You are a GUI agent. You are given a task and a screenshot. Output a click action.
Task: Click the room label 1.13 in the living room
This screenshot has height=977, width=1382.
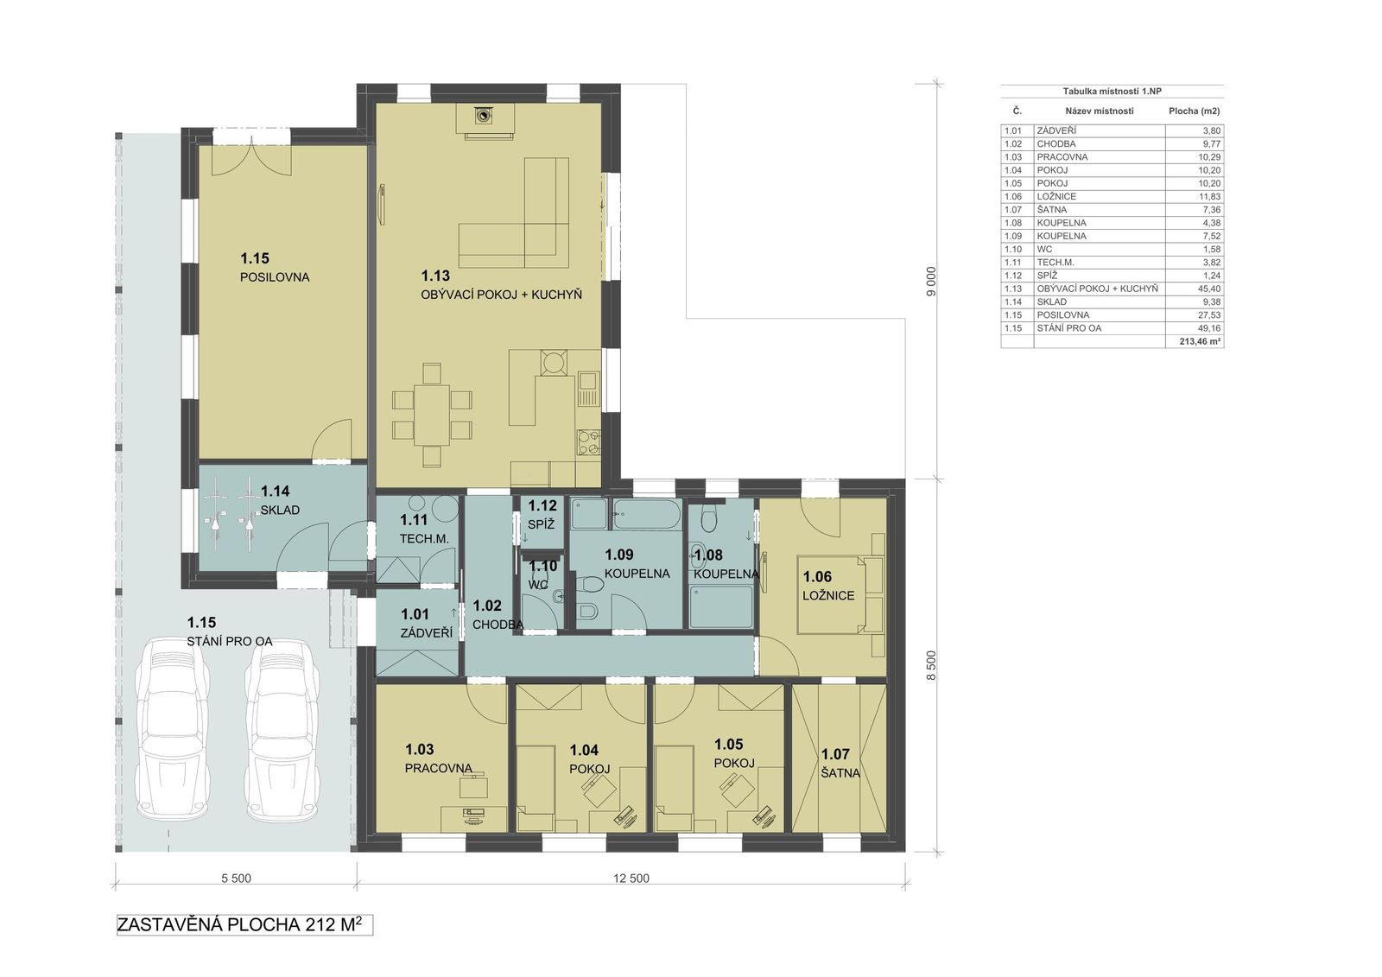pyautogui.click(x=435, y=276)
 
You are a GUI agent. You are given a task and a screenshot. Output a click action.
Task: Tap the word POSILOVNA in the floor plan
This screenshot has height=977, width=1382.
pyautogui.click(x=275, y=277)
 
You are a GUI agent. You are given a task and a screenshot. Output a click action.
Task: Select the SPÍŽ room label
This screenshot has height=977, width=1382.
pyautogui.click(x=541, y=524)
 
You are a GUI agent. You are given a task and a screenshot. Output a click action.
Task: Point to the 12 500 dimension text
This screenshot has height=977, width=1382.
pyautogui.click(x=631, y=879)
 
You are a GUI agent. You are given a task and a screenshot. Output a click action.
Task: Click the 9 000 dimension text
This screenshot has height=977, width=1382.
pyautogui.click(x=931, y=282)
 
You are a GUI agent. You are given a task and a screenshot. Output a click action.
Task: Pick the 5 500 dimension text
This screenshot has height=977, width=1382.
pyautogui.click(x=237, y=879)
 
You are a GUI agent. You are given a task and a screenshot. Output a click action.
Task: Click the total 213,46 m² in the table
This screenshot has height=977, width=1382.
pyautogui.click(x=1201, y=341)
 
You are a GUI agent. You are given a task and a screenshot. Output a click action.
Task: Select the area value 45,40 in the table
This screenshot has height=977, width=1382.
pyautogui.click(x=1209, y=289)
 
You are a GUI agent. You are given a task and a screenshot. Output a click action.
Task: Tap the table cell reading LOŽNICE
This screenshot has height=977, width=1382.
pyautogui.click(x=1056, y=196)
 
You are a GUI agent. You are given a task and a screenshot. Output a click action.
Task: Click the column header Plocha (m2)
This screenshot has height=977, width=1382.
pyautogui.click(x=1195, y=111)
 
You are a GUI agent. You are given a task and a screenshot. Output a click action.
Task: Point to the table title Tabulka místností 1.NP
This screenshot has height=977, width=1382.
pyautogui.click(x=1112, y=92)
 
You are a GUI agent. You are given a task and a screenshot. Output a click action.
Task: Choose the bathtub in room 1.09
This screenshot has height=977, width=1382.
pyautogui.click(x=647, y=515)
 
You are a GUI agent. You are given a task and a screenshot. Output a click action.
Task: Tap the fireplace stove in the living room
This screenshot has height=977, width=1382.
pyautogui.click(x=485, y=115)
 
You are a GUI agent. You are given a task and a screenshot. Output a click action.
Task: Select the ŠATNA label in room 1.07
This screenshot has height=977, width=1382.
pyautogui.click(x=840, y=773)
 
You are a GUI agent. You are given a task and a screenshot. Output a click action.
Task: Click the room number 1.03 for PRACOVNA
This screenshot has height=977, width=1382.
pyautogui.click(x=420, y=749)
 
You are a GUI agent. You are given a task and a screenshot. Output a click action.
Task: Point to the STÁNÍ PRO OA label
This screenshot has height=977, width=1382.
pyautogui.click(x=230, y=641)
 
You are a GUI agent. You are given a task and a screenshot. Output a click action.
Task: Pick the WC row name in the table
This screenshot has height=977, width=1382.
pyautogui.click(x=1044, y=250)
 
